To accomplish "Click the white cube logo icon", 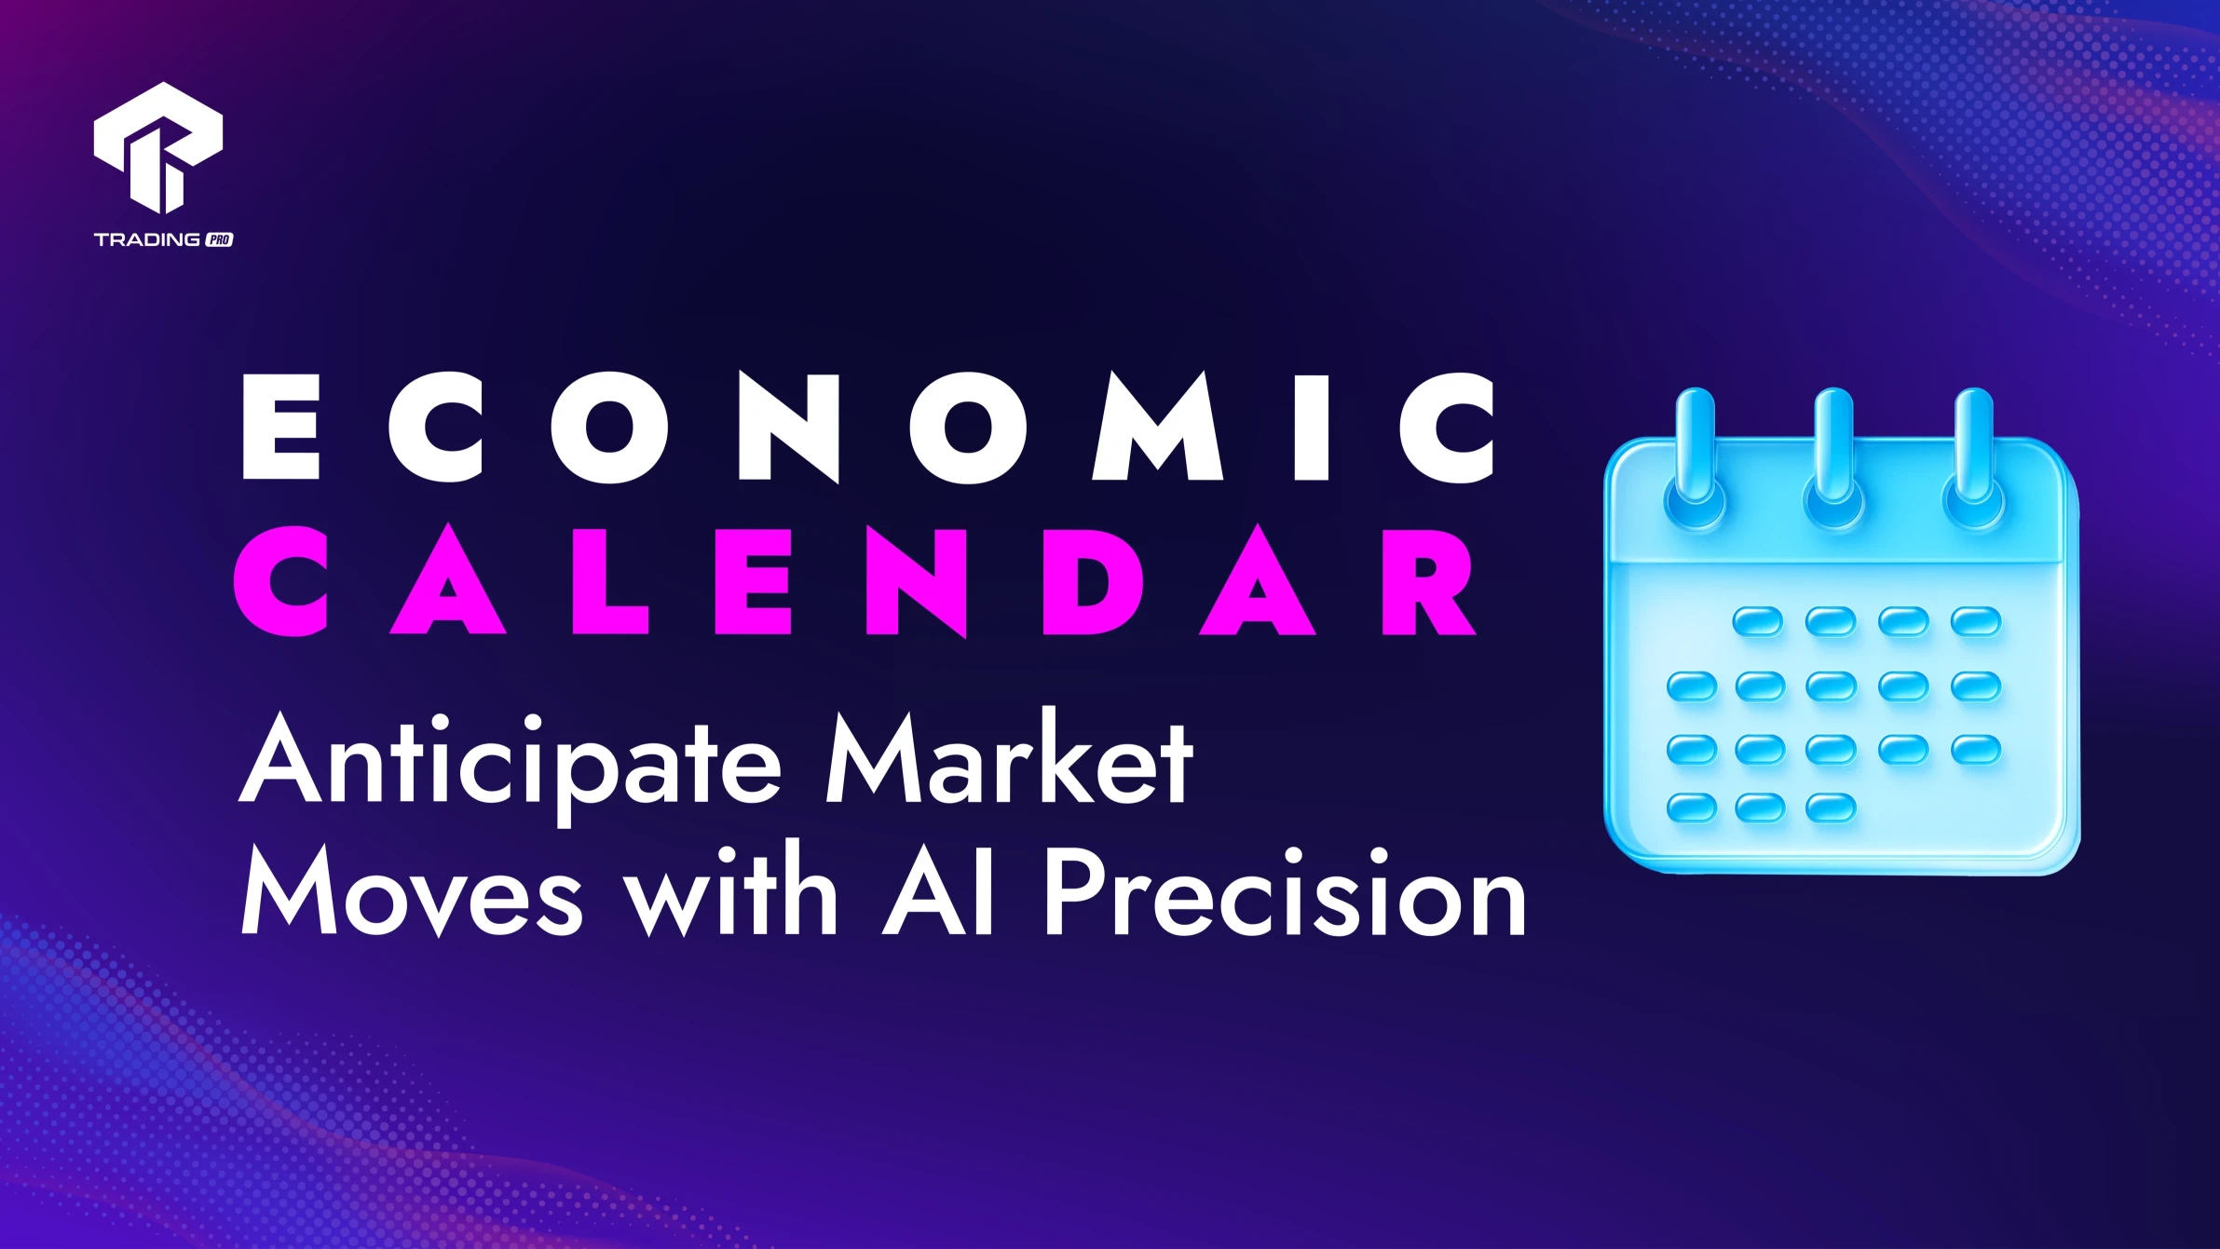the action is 158,147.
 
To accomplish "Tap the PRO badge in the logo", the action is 219,239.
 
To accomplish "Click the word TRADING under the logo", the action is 147,239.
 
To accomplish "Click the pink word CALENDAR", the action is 854,579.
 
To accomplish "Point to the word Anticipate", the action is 511,764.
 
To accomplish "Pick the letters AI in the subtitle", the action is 938,890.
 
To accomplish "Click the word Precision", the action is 1286,890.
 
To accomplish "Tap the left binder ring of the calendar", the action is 1696,460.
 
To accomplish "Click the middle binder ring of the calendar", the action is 1833,460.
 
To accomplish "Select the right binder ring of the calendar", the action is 1972,460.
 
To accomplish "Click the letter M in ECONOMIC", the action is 1158,427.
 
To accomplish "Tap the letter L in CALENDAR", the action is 610,581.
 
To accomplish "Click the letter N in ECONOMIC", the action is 788,428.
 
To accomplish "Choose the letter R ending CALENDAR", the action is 1428,581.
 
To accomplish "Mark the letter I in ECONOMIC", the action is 1311,427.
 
